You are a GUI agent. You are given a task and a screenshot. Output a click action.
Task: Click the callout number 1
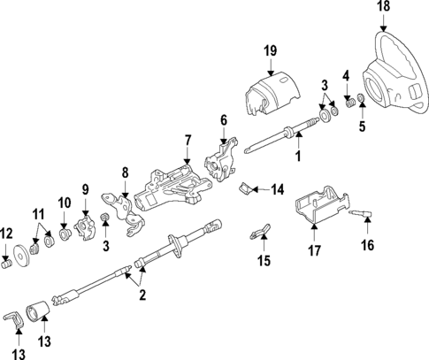pyautogui.click(x=298, y=157)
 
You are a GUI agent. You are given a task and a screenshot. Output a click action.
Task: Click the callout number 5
pyautogui.click(x=361, y=127)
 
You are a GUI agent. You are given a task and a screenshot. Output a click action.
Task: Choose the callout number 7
pyautogui.click(x=187, y=140)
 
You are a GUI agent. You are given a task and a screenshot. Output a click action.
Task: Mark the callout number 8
pyautogui.click(x=125, y=173)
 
